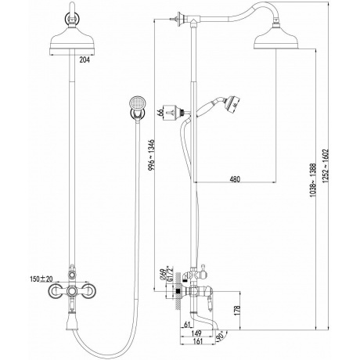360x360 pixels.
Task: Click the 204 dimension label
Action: (x=85, y=59)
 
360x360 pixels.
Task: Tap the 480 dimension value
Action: (x=235, y=179)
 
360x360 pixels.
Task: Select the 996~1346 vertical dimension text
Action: (x=152, y=155)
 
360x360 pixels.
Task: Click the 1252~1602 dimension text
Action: (x=325, y=166)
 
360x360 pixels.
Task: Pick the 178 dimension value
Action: (x=237, y=311)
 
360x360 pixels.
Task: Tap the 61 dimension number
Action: (x=187, y=325)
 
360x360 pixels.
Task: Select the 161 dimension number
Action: (x=199, y=341)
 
